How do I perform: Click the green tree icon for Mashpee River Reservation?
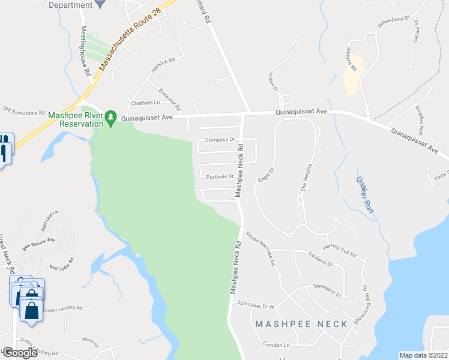point(110,118)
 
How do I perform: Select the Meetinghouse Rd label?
point(85,50)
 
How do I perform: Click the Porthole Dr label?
point(220,176)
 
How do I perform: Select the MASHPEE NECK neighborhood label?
point(301,324)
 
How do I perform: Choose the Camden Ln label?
point(276,344)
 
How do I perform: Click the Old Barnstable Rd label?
point(24,112)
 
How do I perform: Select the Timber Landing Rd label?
point(62,308)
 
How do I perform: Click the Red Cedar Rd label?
point(62,263)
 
